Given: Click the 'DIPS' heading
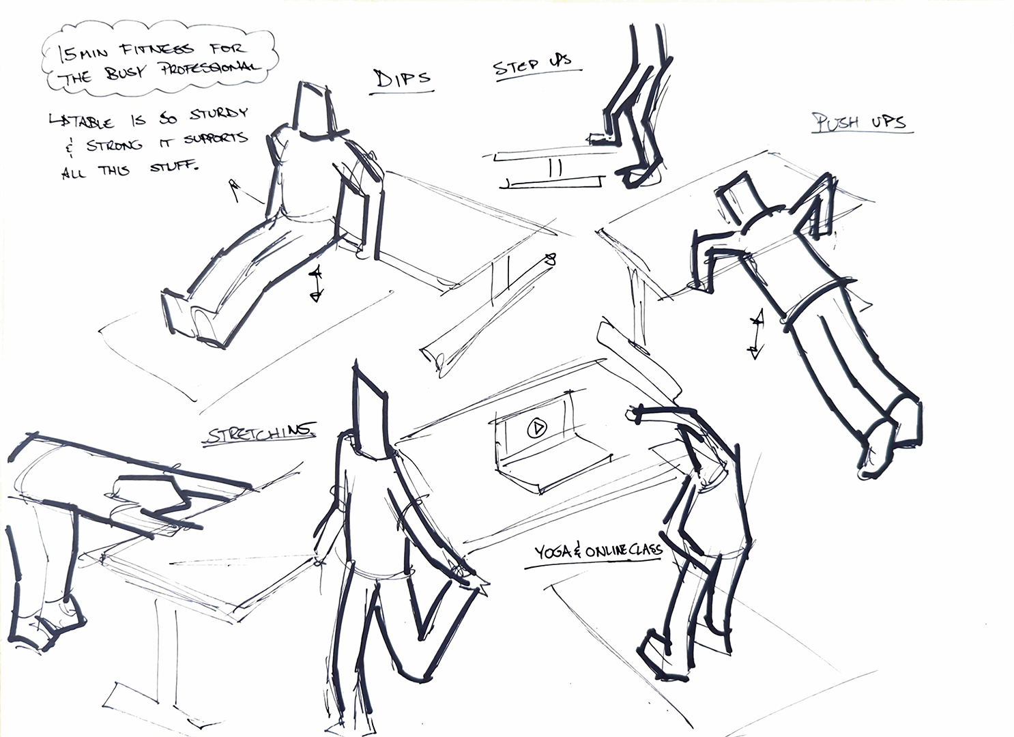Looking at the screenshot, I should point(403,78).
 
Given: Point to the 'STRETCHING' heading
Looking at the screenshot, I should point(260,433).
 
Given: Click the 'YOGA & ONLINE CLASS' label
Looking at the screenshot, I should point(598,550).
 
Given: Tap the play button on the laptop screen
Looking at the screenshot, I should point(537,429).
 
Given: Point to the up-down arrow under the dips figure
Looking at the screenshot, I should point(315,283).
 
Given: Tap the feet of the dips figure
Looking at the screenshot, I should point(188,315).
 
